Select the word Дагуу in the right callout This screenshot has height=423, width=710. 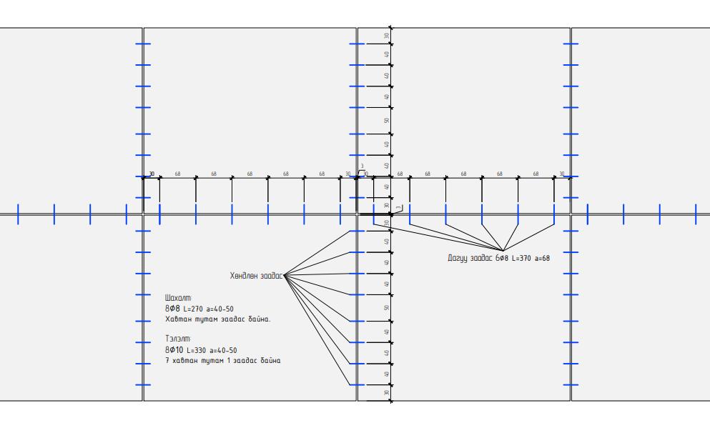455,257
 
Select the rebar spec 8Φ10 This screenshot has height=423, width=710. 174,349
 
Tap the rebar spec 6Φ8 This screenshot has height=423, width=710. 501,257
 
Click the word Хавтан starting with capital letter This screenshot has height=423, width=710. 177,319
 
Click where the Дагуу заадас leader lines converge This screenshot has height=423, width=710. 503,249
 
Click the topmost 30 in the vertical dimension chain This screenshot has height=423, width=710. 386,36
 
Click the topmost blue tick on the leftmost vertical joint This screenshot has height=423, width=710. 143,44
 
